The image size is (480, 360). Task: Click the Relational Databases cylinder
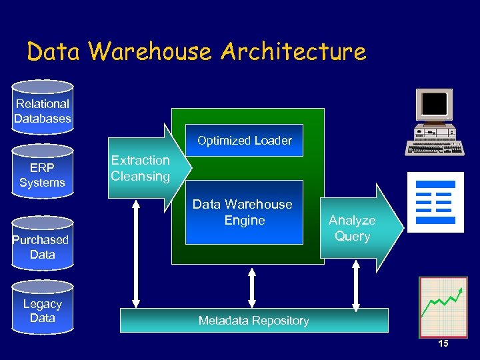point(43,107)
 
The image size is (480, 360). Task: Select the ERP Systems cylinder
point(43,172)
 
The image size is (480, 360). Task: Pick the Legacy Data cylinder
point(43,308)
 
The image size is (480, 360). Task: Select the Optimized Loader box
point(244,141)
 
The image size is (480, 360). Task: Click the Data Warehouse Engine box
point(243,211)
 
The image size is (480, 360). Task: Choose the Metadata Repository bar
point(253,321)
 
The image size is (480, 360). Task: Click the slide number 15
point(443,343)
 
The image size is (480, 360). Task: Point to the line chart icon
point(443,306)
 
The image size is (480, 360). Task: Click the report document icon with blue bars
point(435,202)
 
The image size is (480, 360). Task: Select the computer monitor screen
point(434,104)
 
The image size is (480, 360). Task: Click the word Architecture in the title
point(293,51)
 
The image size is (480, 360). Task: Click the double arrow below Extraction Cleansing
point(137,253)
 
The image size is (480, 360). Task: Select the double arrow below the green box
point(252,287)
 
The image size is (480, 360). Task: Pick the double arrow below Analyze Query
point(356,287)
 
